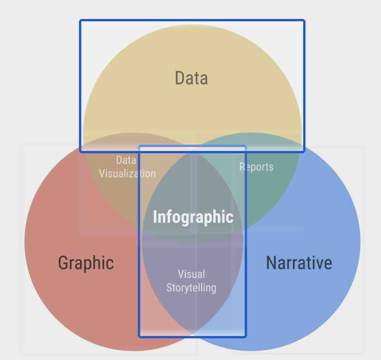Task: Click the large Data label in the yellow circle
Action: [191, 78]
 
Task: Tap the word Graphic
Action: [86, 263]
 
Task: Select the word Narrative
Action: [299, 262]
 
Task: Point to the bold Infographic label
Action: [193, 217]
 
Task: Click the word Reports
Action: [256, 167]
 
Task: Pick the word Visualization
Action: [127, 174]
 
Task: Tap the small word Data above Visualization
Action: [126, 160]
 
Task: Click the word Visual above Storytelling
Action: [192, 274]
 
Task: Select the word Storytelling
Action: [191, 288]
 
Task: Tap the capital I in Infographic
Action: [155, 216]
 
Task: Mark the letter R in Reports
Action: [242, 167]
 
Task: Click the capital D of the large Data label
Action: [179, 78]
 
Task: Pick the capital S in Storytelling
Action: [169, 288]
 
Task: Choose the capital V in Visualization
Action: [102, 174]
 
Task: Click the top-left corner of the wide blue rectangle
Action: [80, 21]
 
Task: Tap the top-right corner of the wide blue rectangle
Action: [304, 21]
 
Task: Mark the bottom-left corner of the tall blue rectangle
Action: [139, 337]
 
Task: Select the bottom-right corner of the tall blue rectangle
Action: [245, 337]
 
